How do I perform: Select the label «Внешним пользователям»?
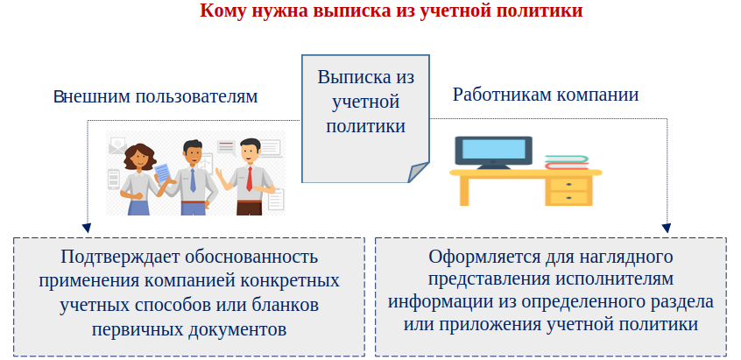pos(156,96)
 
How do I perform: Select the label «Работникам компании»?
pos(546,95)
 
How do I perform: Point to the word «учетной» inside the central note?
pos(366,102)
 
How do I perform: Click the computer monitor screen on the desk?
pos(493,149)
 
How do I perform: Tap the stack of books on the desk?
pos(567,163)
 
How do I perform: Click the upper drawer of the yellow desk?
pos(568,184)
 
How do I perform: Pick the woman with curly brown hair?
pos(138,180)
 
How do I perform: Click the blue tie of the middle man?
pos(193,180)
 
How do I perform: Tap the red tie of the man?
pos(249,179)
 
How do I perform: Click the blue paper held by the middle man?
pos(162,173)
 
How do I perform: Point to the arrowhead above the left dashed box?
pos(87,228)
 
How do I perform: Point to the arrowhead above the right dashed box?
pos(667,229)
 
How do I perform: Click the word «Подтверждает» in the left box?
pos(116,258)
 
